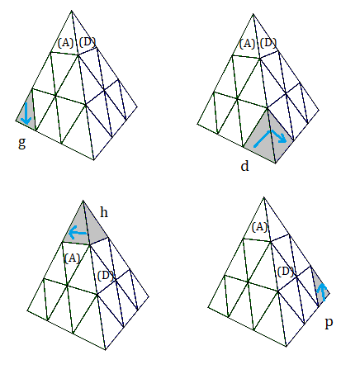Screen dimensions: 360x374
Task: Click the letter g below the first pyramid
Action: (22, 143)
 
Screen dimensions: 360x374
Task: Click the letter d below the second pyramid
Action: (244, 166)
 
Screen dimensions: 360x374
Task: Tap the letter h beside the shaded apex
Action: (104, 212)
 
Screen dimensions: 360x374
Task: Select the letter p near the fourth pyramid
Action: (329, 322)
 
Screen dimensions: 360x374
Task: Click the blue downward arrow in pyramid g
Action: (26, 113)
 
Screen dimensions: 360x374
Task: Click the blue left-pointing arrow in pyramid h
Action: (78, 233)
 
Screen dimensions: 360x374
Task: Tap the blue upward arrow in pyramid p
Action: (322, 292)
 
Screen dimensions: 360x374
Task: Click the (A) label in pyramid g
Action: (66, 43)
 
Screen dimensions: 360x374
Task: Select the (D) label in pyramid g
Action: (88, 42)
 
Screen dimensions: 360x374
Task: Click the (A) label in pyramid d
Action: (247, 44)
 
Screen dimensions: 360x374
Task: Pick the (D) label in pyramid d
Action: (268, 43)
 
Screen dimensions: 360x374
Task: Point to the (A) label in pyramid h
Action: (72, 258)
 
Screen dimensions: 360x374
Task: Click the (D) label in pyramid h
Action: (106, 276)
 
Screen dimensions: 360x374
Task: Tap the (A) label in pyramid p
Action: (259, 227)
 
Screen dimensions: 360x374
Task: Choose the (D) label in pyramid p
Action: (286, 272)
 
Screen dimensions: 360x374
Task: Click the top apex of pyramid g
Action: (72, 11)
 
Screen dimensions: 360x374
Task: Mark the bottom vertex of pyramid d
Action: (276, 163)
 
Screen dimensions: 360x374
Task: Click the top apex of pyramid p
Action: (264, 197)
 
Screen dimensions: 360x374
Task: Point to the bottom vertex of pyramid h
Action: (106, 350)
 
